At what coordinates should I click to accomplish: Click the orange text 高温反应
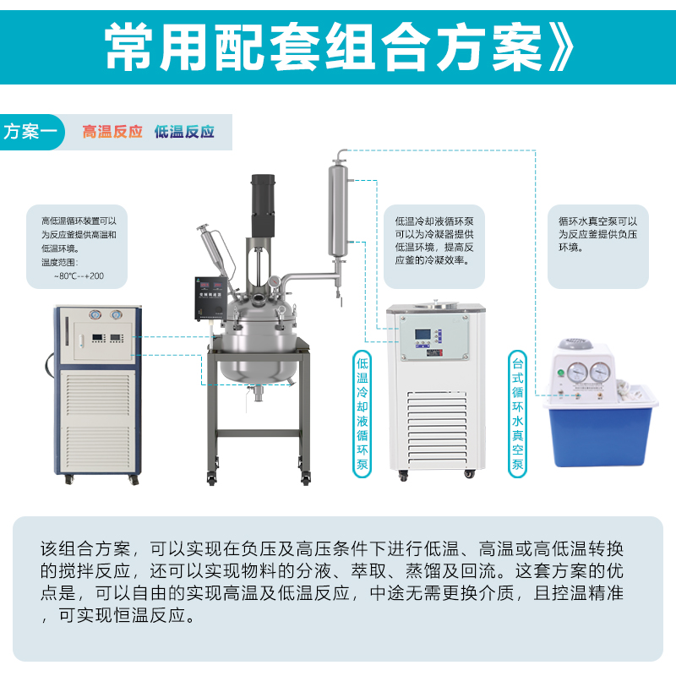[112, 132]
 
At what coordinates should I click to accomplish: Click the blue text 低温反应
[184, 132]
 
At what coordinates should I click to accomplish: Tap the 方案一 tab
[32, 132]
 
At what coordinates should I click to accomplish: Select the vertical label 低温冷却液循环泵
[363, 414]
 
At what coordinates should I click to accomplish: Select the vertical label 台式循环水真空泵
[517, 414]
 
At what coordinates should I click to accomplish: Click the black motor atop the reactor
[263, 205]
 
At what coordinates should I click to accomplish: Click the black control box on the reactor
[210, 298]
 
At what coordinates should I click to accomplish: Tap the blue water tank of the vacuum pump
[600, 436]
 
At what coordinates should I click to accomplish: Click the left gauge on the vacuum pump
[577, 371]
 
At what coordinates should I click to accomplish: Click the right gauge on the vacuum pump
[600, 372]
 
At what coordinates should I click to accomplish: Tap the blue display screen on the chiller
[422, 335]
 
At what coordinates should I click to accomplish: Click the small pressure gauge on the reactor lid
[274, 282]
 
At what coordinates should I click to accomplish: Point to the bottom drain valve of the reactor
[258, 393]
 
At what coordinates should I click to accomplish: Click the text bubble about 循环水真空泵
[598, 247]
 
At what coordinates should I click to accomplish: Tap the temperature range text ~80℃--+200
[79, 276]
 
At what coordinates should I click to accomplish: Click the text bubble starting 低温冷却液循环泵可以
[434, 247]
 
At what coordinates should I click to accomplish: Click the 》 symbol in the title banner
[561, 47]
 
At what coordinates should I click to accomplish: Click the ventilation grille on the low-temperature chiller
[437, 427]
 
